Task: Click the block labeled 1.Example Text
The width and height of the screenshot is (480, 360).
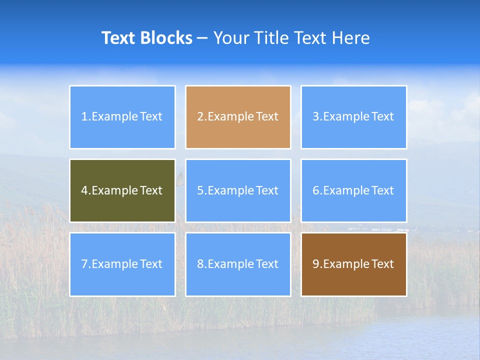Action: point(122,117)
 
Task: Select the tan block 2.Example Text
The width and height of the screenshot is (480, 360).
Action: point(238,117)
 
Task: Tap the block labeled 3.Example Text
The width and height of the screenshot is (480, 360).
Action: point(353,117)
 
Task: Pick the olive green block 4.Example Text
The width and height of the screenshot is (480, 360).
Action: point(122,190)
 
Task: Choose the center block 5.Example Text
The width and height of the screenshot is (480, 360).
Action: point(238,190)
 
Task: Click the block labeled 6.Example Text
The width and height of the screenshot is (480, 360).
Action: point(353,190)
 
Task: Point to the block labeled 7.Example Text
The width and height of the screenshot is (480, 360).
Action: point(122,264)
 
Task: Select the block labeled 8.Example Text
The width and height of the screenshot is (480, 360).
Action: point(238,264)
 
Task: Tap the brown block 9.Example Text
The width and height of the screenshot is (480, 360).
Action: point(353,264)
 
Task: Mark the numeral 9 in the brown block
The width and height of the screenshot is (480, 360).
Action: point(316,264)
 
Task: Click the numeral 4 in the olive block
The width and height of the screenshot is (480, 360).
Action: point(84,190)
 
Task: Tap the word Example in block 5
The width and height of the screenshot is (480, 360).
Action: point(230,190)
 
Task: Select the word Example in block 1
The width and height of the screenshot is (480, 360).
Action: point(114,117)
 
